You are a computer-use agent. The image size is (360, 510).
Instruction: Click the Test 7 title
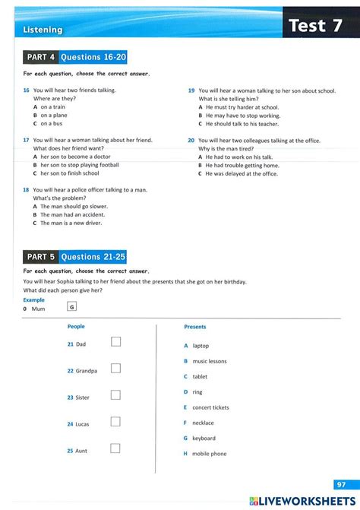pyautogui.click(x=317, y=26)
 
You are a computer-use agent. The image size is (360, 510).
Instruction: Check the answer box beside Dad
pyautogui.click(x=115, y=341)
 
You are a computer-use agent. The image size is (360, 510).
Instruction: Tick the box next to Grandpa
pyautogui.click(x=115, y=368)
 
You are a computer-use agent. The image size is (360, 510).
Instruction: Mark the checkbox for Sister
pyautogui.click(x=115, y=394)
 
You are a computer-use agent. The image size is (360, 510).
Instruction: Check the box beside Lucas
pyautogui.click(x=115, y=421)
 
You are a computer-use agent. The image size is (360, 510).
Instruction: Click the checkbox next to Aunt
pyautogui.click(x=115, y=448)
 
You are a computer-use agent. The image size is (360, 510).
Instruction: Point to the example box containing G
pyautogui.click(x=72, y=307)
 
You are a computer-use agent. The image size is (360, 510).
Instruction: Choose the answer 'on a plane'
pyautogui.click(x=54, y=116)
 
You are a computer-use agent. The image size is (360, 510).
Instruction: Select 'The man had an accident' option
pyautogui.click(x=73, y=214)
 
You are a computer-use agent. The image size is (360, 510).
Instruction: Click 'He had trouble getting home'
pyautogui.click(x=242, y=165)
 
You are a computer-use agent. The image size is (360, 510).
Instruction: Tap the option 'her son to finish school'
pyautogui.click(x=69, y=173)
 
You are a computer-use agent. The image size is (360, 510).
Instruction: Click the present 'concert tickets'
pyautogui.click(x=210, y=407)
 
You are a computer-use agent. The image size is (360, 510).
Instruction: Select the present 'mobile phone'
pyautogui.click(x=209, y=454)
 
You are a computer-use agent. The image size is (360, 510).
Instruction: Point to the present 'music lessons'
pyautogui.click(x=210, y=361)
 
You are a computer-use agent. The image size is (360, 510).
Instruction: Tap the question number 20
pyautogui.click(x=191, y=141)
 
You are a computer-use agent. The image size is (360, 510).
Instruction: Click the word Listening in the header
pyautogui.click(x=43, y=30)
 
